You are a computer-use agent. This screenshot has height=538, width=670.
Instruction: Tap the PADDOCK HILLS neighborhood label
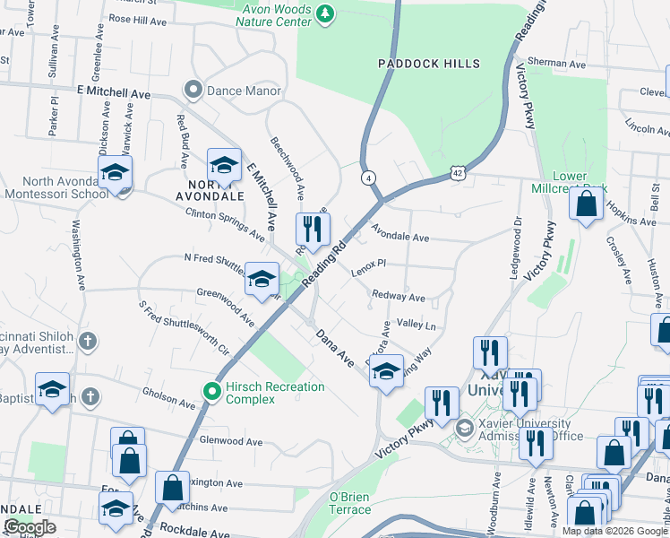(x=429, y=64)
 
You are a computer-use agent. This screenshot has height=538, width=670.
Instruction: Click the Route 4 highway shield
(x=368, y=178)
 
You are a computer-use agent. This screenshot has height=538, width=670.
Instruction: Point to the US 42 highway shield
(x=457, y=172)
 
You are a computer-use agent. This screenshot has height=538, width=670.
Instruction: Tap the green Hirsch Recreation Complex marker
(x=212, y=391)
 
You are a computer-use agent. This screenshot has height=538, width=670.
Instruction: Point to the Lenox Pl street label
(x=367, y=265)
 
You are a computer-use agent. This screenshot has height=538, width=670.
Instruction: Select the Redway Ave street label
(x=398, y=297)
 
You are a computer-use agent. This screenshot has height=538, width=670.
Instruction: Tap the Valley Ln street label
(x=416, y=325)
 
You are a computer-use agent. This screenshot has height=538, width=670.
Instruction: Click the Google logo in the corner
(x=30, y=526)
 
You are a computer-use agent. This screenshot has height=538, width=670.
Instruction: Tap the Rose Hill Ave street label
(x=138, y=18)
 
